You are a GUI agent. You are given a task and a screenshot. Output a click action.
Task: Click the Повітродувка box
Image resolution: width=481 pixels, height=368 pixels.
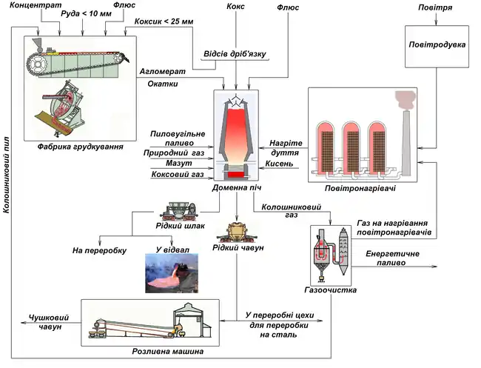(437, 44)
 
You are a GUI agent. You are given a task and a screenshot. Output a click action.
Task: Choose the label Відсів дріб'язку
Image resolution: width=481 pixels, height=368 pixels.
(235, 55)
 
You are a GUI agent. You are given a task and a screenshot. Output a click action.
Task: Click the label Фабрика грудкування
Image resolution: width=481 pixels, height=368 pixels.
(80, 147)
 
